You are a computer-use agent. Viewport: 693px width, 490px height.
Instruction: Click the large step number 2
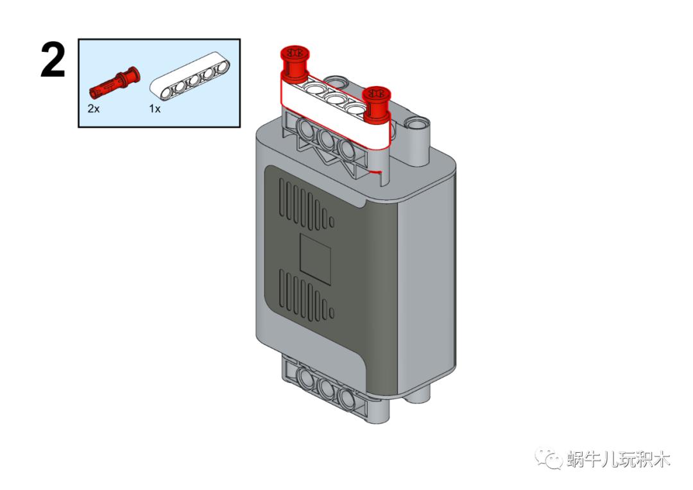pyautogui.click(x=53, y=60)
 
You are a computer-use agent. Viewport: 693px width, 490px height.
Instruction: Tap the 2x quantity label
pyautogui.click(x=93, y=108)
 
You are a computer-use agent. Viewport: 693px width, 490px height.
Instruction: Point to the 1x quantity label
pyautogui.click(x=155, y=108)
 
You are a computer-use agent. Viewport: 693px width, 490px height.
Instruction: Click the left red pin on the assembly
pyautogui.click(x=295, y=63)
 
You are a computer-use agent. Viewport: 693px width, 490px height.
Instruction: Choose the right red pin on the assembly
pyautogui.click(x=376, y=104)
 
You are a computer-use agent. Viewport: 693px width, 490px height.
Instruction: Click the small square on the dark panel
pyautogui.click(x=316, y=259)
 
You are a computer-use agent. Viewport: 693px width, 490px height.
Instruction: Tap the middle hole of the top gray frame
pyautogui.click(x=327, y=140)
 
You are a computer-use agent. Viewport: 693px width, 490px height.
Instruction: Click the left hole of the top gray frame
pyautogui.click(x=307, y=130)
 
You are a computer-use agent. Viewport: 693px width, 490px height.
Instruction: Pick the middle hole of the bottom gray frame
pyautogui.click(x=327, y=389)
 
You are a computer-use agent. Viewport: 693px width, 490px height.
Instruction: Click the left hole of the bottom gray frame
pyautogui.click(x=307, y=379)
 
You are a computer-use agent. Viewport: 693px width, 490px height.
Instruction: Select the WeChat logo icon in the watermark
pyautogui.click(x=548, y=458)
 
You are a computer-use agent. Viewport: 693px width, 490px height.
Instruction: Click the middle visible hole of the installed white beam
pyautogui.click(x=335, y=97)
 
